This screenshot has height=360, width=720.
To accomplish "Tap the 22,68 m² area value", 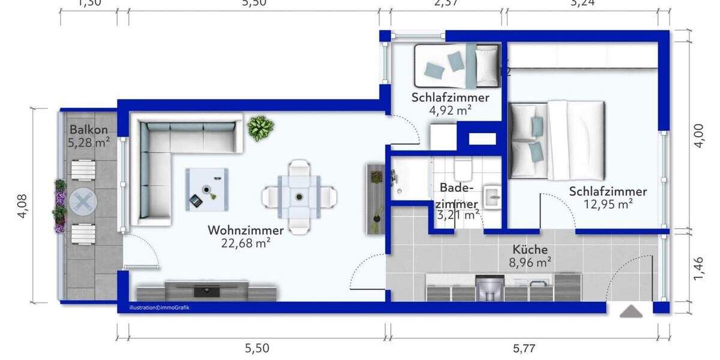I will click(246, 243).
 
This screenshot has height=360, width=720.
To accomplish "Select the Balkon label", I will click(89, 130).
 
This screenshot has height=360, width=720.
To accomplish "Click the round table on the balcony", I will click(82, 202).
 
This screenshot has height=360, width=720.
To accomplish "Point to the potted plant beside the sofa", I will click(260, 128).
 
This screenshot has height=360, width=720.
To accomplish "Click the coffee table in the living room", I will click(206, 189).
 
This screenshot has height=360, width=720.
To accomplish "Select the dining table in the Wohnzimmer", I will click(299, 196).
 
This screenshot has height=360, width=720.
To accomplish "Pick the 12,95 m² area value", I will click(608, 205).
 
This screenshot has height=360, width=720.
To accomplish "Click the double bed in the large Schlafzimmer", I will click(556, 140).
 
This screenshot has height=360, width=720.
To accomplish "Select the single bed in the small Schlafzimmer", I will click(457, 64).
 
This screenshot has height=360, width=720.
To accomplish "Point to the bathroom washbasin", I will click(493, 195).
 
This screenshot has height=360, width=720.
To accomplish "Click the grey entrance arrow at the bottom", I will click(631, 311).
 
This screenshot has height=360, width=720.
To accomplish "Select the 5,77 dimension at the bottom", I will click(526, 347).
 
